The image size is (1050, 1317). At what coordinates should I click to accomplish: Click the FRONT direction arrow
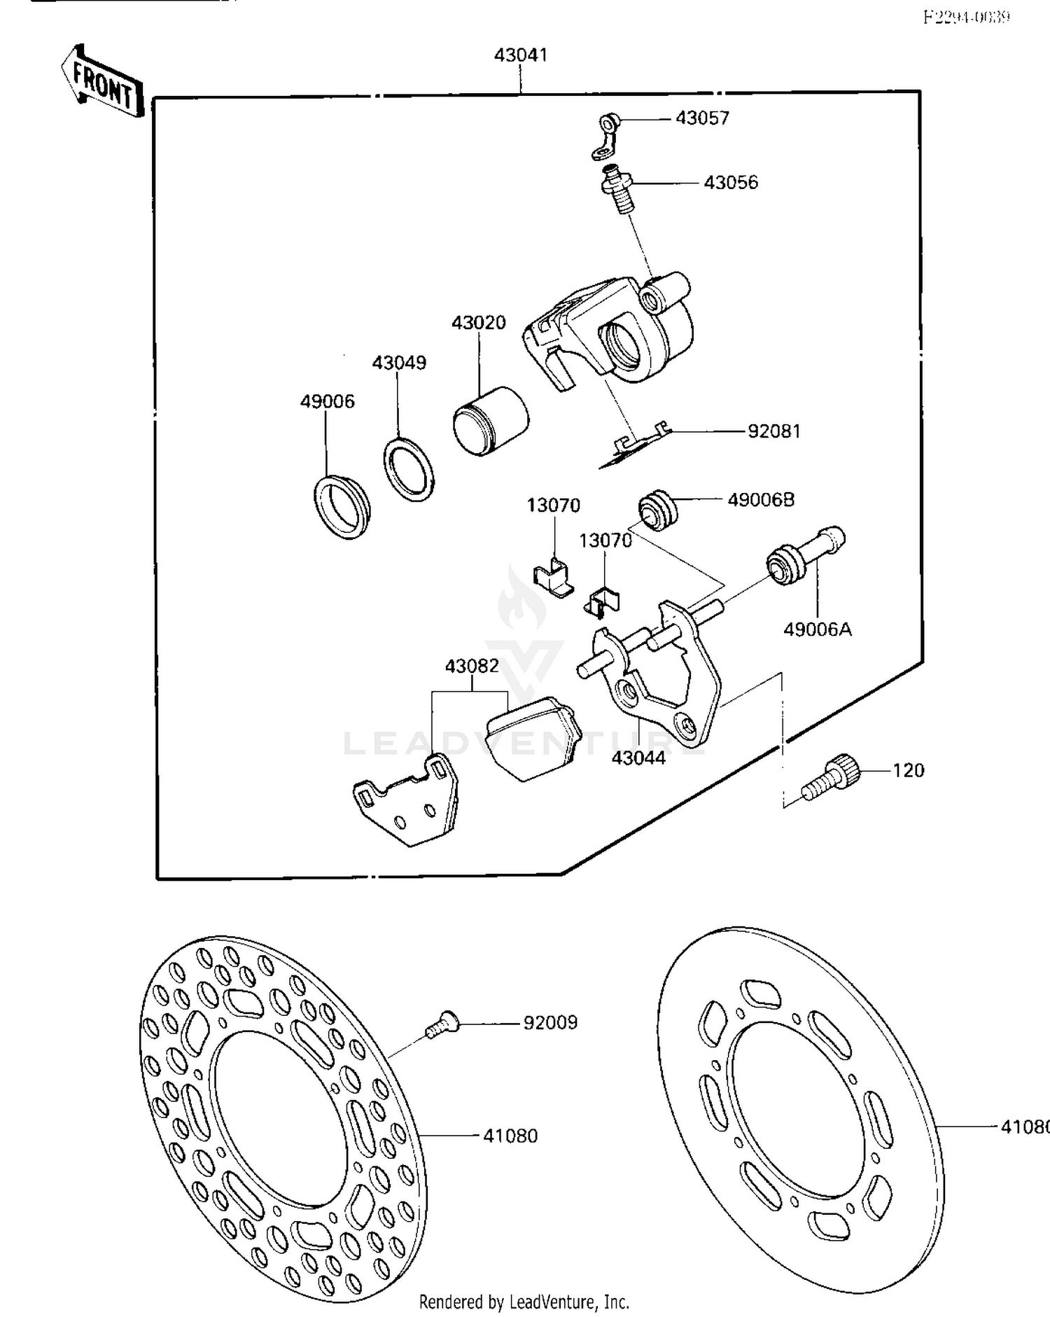coord(102,84)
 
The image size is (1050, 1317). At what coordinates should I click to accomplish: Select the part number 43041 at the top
coord(520,55)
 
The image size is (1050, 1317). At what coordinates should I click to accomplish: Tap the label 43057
coord(702,118)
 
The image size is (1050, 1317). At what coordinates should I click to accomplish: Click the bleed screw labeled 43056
coord(618,188)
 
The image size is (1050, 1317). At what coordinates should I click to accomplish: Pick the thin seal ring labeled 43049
coord(408,469)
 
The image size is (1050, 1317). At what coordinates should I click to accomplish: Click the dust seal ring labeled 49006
coord(342,506)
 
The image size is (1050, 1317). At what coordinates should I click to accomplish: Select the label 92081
coord(773,431)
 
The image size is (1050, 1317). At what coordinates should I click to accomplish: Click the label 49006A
coord(817,629)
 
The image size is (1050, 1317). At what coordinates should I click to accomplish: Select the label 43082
coord(472,666)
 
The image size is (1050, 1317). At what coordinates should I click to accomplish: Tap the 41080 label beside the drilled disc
coord(510,1136)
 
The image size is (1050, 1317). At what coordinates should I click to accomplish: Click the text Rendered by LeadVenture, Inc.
coord(524,1302)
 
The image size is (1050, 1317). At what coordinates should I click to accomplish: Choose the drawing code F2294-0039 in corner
coord(967,16)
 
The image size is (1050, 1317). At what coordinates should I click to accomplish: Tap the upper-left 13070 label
coord(553,505)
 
